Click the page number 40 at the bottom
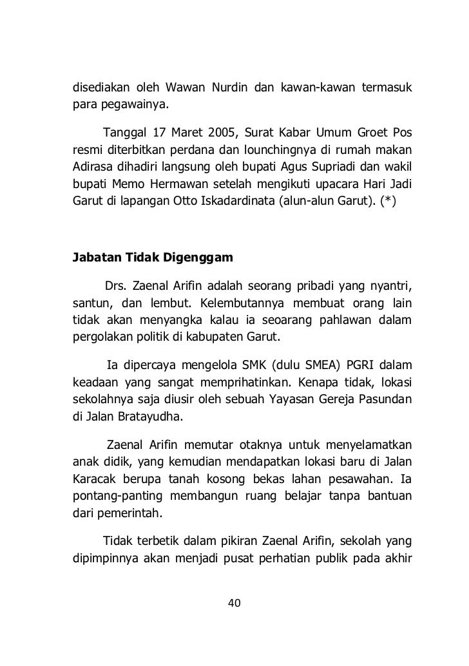235,604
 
